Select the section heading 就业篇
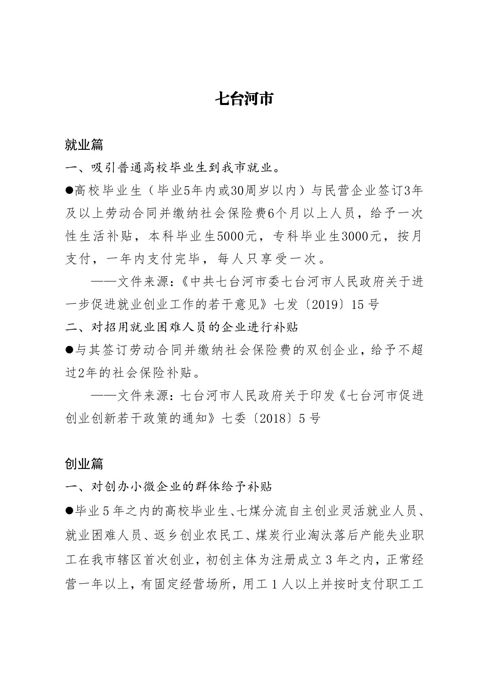(x=84, y=144)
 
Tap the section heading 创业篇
(x=84, y=463)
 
